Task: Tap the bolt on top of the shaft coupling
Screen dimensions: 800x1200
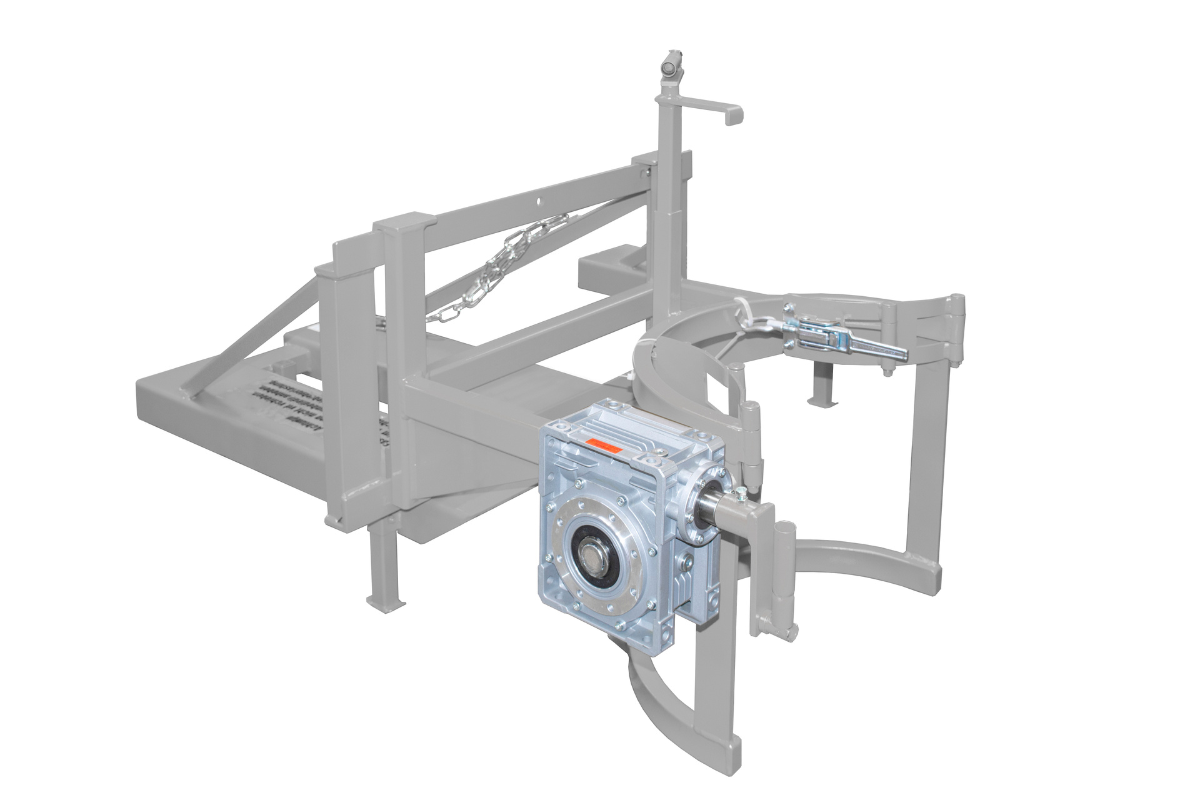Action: pos(740,496)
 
